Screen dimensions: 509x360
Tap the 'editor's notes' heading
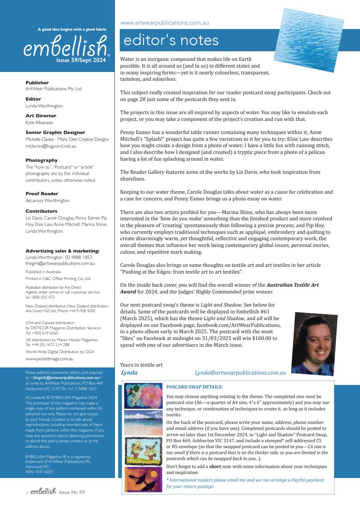tap(171, 40)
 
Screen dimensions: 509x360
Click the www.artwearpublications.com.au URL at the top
tap(164, 23)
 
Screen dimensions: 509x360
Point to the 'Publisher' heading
tap(37, 83)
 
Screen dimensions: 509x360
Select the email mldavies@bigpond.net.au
tap(51, 146)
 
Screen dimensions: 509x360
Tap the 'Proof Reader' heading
tap(42, 194)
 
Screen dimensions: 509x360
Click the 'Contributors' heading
tap(41, 211)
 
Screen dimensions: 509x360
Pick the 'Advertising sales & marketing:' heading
tap(62, 251)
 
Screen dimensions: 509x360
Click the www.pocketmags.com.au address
tap(49, 359)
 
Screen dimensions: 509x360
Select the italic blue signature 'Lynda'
tap(129, 373)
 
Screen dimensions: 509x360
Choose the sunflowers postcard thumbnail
tap(143, 451)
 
